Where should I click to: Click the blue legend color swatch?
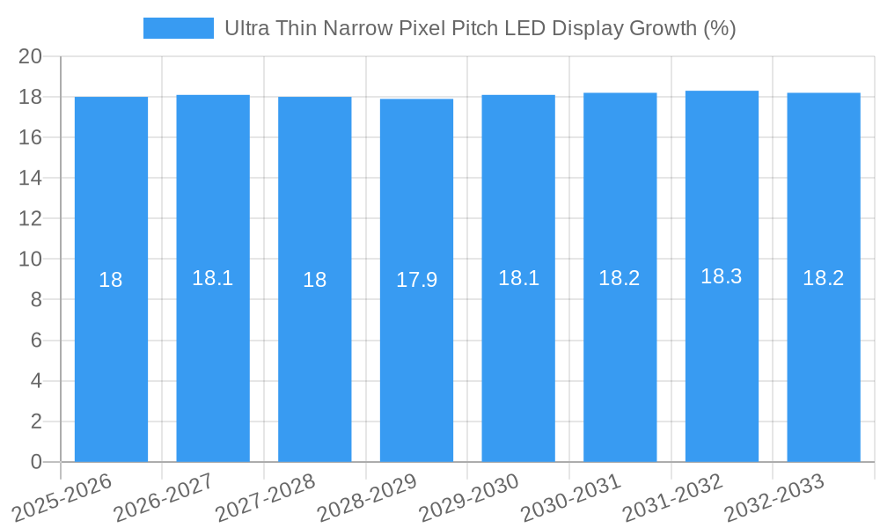[x=178, y=28]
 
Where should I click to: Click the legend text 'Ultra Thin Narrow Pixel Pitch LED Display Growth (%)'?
[x=480, y=28]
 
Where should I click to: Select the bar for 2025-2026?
[x=111, y=352]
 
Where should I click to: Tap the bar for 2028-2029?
[x=416, y=352]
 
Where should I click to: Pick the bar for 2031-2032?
[x=722, y=352]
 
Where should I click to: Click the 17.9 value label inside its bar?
[x=416, y=280]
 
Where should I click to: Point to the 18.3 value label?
[x=722, y=276]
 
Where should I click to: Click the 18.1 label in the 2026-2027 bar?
[x=213, y=278]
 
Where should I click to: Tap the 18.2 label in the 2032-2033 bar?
[x=824, y=278]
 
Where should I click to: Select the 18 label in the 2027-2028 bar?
[x=315, y=280]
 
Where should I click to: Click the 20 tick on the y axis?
[x=31, y=56]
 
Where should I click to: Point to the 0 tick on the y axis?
[x=36, y=462]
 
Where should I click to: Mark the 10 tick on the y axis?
[x=31, y=260]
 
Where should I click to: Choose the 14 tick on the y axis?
[x=31, y=178]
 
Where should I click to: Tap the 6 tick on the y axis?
[x=36, y=341]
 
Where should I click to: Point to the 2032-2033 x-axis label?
[x=774, y=497]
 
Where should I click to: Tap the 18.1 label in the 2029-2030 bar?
[x=518, y=278]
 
